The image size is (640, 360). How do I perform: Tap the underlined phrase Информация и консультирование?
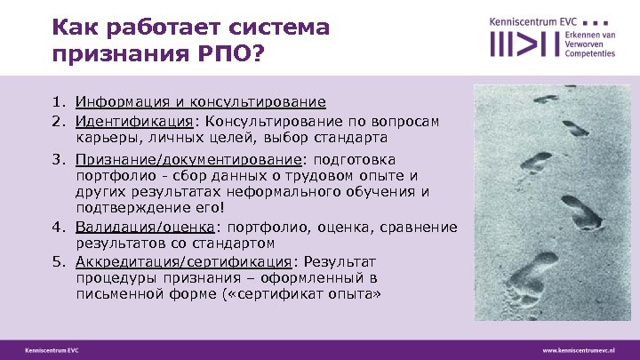(201, 102)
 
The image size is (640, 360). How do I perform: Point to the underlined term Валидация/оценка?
(138, 227)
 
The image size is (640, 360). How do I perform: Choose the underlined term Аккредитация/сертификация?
(183, 262)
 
